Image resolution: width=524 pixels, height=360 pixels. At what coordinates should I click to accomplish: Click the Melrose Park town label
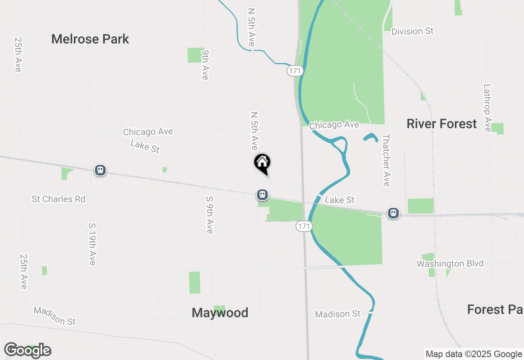(90, 39)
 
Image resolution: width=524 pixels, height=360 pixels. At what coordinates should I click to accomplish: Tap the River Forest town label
(441, 124)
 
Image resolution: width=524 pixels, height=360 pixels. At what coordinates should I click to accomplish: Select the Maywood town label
(220, 313)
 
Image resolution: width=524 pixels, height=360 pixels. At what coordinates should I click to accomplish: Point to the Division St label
(412, 32)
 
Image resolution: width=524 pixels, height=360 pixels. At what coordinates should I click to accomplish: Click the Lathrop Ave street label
(487, 108)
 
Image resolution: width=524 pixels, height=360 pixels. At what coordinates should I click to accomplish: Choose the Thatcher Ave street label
(386, 160)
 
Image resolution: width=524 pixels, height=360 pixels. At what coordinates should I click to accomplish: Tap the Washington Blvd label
(450, 264)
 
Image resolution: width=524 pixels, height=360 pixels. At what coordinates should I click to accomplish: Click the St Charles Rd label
(59, 199)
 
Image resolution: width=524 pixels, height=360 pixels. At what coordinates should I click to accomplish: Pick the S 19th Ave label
(92, 244)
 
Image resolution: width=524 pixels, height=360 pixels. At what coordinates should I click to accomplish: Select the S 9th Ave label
(210, 215)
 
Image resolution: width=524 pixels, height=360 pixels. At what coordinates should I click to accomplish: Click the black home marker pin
(262, 163)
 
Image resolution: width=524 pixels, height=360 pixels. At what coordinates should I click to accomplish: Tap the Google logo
(27, 351)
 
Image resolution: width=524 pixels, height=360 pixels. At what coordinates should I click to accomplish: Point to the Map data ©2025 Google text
(474, 354)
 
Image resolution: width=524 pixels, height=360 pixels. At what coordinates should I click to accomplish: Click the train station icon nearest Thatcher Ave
(393, 213)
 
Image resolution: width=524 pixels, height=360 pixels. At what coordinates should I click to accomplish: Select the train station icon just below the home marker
(262, 195)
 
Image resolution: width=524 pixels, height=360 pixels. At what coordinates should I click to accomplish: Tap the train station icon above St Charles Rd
(100, 170)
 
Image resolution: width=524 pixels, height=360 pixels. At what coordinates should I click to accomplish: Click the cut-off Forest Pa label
(495, 310)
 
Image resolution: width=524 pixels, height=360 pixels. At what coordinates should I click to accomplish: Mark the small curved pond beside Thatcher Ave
(371, 137)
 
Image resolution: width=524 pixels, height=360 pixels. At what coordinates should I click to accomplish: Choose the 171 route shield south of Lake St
(304, 226)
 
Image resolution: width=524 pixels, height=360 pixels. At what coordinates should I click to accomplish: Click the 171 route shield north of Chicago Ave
(294, 71)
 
